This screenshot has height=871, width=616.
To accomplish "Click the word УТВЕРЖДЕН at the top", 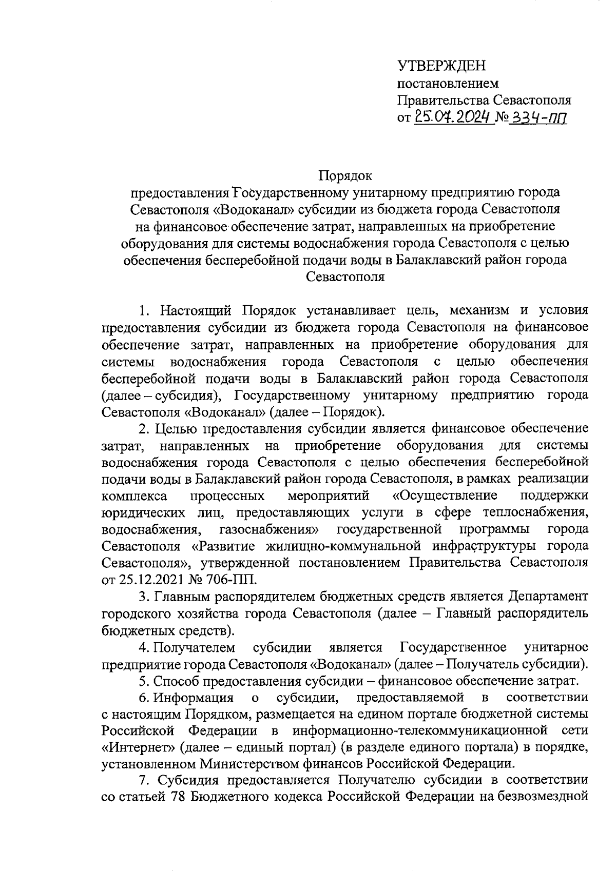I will tap(441, 66).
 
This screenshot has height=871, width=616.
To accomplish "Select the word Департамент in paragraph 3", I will tap(549, 597).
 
